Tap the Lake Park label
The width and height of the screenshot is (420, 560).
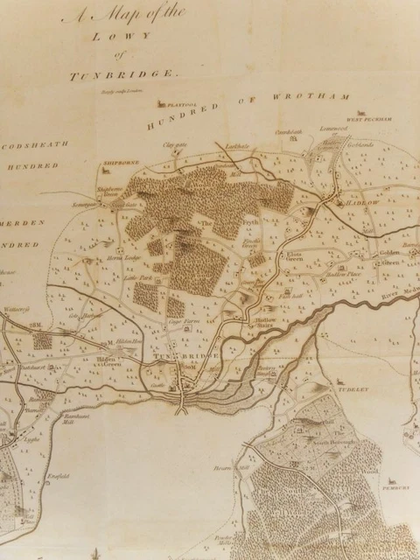pyautogui.click(x=137, y=278)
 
